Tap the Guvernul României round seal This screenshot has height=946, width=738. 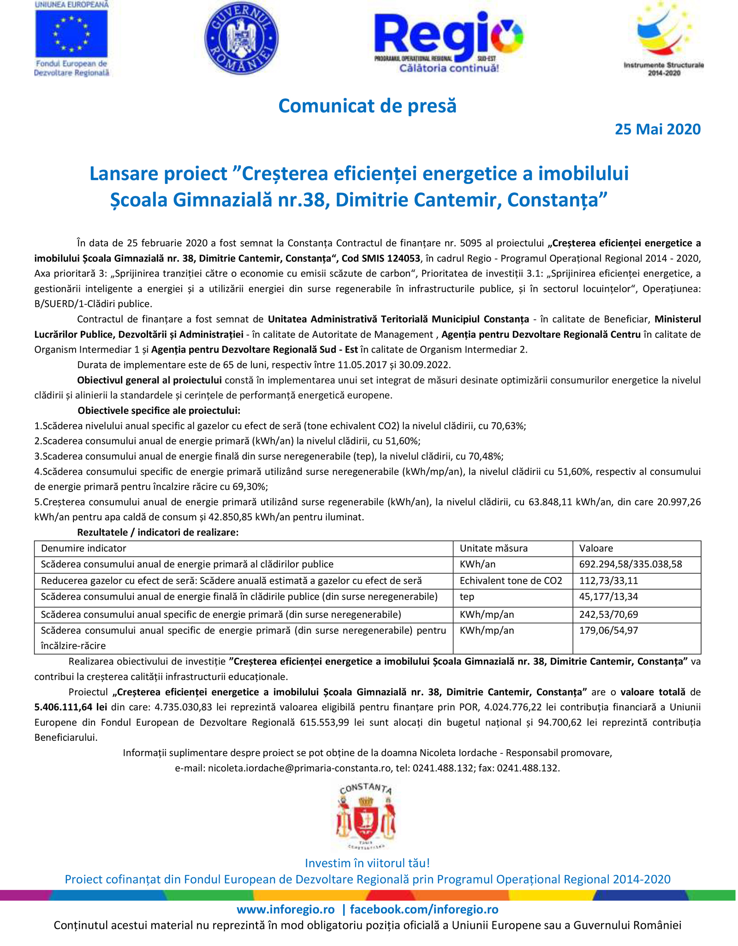point(241,38)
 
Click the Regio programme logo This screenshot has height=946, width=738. point(448,41)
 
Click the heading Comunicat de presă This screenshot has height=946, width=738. point(367,106)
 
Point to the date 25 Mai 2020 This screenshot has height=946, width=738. point(657,130)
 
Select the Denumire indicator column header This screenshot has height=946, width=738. point(83,548)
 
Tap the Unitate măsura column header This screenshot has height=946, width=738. point(494,548)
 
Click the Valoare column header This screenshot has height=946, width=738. point(596,548)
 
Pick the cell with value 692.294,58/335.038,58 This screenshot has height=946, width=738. point(631,564)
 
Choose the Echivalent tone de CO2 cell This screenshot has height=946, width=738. point(511,580)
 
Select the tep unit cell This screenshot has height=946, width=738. point(467,597)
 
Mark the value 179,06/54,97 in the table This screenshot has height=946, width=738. point(608,630)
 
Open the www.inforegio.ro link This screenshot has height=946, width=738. point(286,910)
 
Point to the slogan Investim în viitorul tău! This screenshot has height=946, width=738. point(367,863)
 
